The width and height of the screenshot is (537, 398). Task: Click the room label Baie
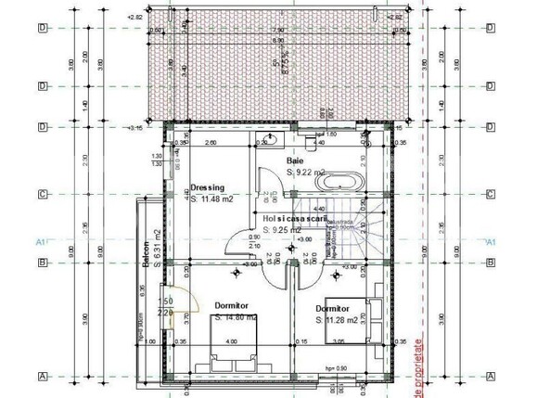click(x=295, y=161)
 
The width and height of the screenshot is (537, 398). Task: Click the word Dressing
click(x=208, y=186)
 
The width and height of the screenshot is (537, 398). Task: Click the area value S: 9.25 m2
click(x=281, y=229)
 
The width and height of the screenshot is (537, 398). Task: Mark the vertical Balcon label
click(x=147, y=251)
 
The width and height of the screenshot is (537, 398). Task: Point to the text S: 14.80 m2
click(x=235, y=317)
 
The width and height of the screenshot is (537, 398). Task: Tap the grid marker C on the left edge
click(x=42, y=195)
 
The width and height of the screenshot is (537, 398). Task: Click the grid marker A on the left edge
click(x=42, y=377)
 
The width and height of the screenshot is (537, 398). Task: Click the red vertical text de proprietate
click(x=419, y=363)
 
